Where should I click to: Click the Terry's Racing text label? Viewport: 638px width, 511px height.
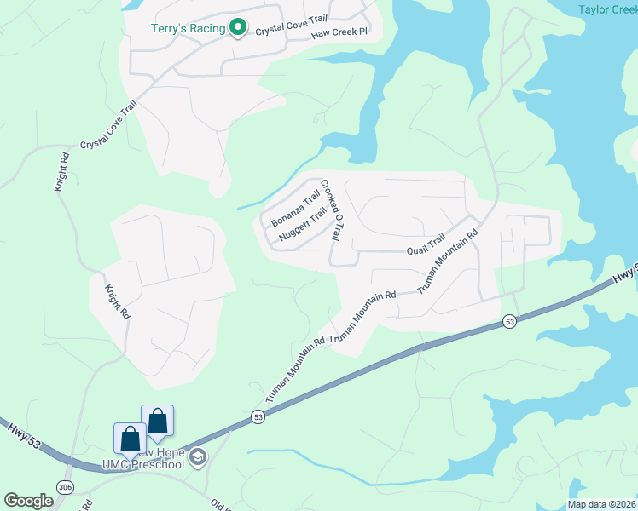tap(188, 28)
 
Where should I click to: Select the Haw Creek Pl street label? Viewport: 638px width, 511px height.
tap(339, 32)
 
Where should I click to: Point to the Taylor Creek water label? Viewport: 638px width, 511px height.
tap(607, 9)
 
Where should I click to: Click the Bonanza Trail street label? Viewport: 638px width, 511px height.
tap(295, 209)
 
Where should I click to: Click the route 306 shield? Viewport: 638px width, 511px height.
tap(65, 485)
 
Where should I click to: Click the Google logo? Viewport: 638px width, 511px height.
tap(28, 501)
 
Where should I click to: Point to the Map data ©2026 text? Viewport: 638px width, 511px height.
tap(601, 504)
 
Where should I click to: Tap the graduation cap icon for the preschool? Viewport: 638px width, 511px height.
tap(198, 458)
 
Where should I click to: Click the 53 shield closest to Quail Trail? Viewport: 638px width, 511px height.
tap(509, 321)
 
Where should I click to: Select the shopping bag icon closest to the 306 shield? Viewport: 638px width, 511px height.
tap(130, 438)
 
